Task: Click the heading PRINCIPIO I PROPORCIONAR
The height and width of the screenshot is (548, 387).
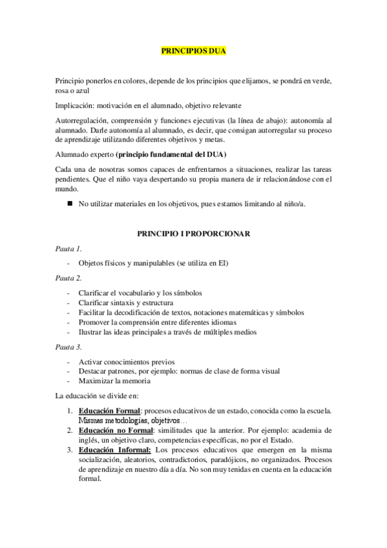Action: coord(193,233)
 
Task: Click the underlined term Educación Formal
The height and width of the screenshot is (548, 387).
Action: coord(109,411)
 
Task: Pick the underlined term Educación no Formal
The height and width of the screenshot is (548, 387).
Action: coord(116,430)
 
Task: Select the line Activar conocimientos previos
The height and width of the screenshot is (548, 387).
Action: coord(127,362)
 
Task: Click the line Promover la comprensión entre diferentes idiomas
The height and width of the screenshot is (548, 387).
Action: coord(157,322)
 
